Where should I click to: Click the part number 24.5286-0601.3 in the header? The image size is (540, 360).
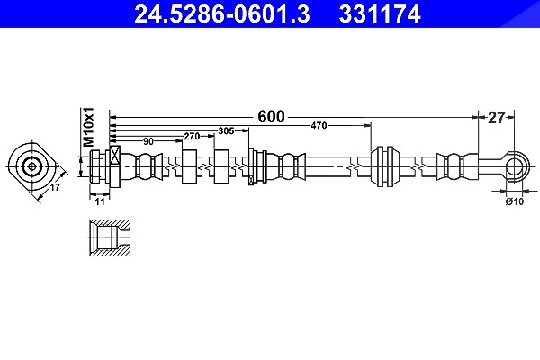pyautogui.click(x=222, y=14)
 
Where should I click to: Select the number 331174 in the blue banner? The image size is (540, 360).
pyautogui.click(x=380, y=14)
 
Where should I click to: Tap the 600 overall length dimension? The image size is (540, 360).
pyautogui.click(x=272, y=117)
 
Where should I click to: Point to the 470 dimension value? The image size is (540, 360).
pyautogui.click(x=319, y=126)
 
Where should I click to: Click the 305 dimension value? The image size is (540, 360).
pyautogui.click(x=226, y=130)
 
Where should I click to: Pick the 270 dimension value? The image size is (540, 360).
pyautogui.click(x=192, y=137)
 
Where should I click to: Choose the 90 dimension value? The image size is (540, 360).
pyautogui.click(x=148, y=141)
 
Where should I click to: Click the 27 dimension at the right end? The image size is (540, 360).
pyautogui.click(x=496, y=118)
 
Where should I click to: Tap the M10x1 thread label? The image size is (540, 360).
pyautogui.click(x=88, y=126)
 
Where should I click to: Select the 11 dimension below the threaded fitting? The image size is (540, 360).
pyautogui.click(x=100, y=202)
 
